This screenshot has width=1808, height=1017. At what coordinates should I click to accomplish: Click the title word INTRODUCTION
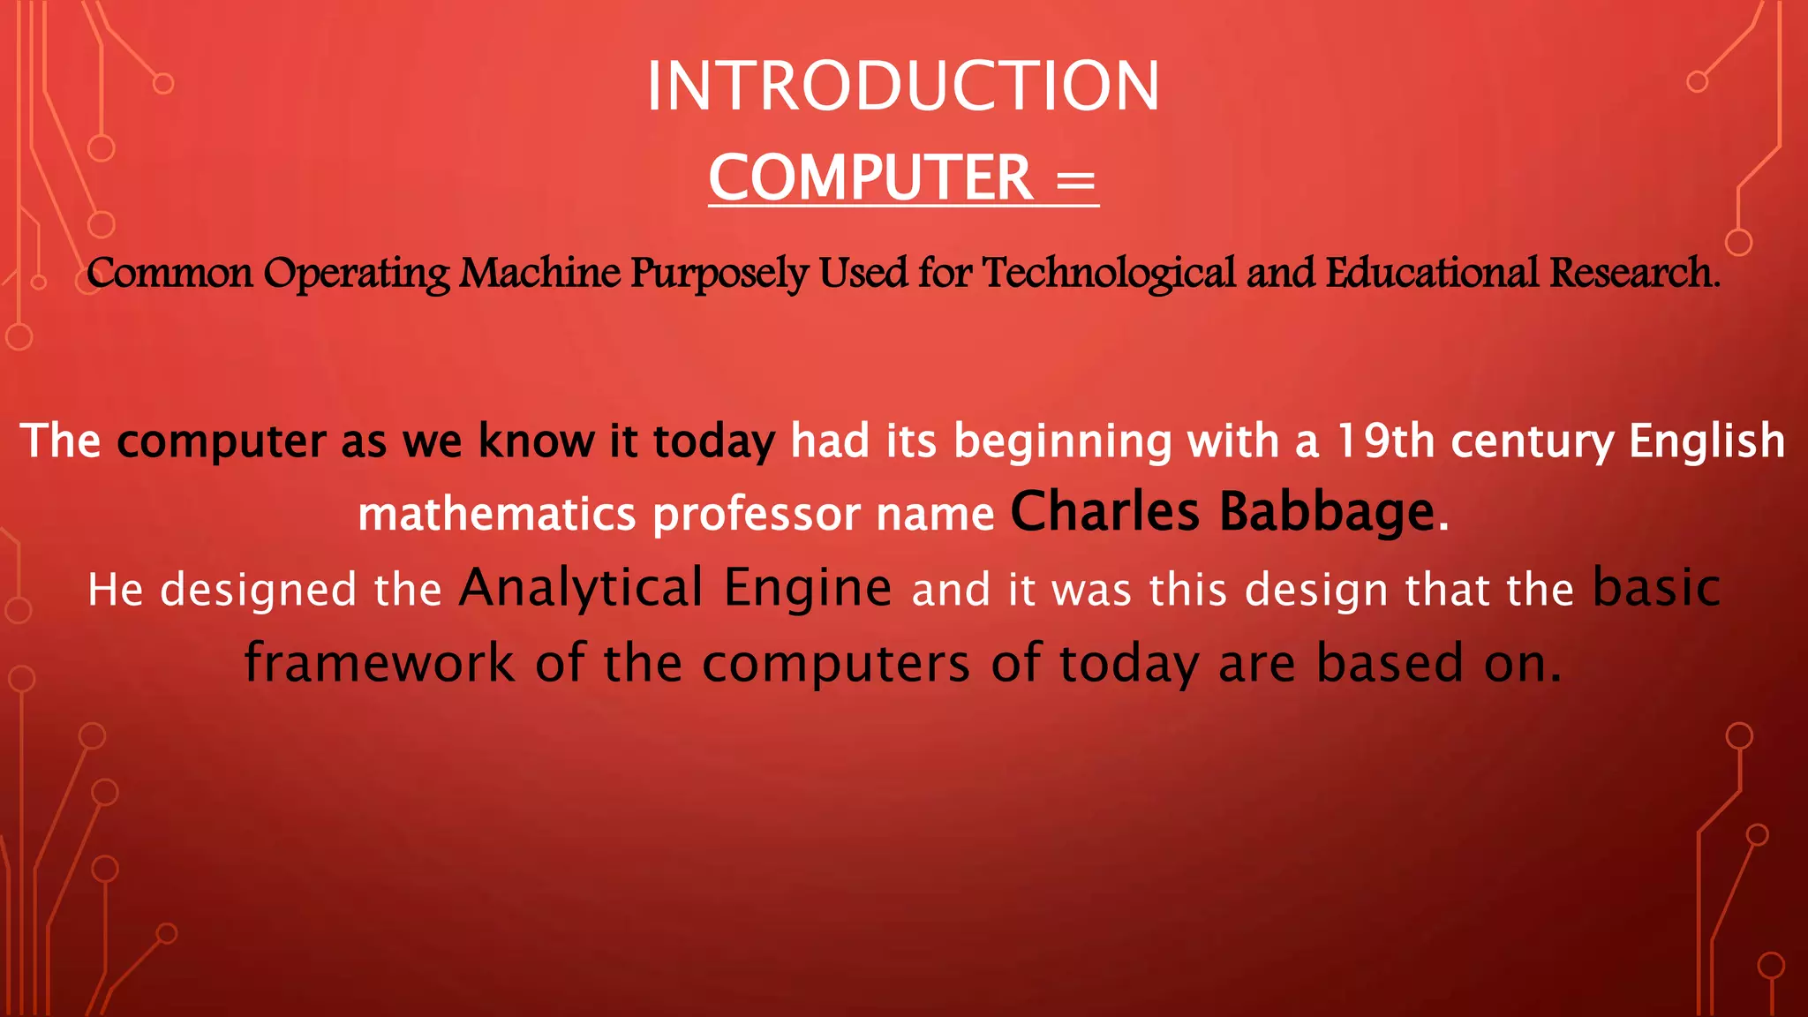[903, 87]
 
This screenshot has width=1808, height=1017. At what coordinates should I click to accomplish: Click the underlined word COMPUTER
[870, 177]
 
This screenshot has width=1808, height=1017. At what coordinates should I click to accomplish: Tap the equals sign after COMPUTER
[1075, 181]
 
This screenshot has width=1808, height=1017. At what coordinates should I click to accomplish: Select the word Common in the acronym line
[169, 273]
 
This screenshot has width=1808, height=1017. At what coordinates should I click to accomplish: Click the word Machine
[540, 273]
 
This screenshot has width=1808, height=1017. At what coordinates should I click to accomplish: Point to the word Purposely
[719, 274]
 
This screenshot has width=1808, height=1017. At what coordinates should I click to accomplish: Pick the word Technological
[1109, 273]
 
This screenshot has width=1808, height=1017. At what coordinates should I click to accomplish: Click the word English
[1706, 441]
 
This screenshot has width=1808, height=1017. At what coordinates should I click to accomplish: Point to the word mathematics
[496, 514]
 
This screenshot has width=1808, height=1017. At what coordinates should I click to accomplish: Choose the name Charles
[1104, 512]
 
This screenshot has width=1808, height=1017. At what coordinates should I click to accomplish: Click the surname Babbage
[1328, 512]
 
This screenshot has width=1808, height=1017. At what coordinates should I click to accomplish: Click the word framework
[380, 663]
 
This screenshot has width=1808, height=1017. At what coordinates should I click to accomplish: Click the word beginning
[1062, 442]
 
